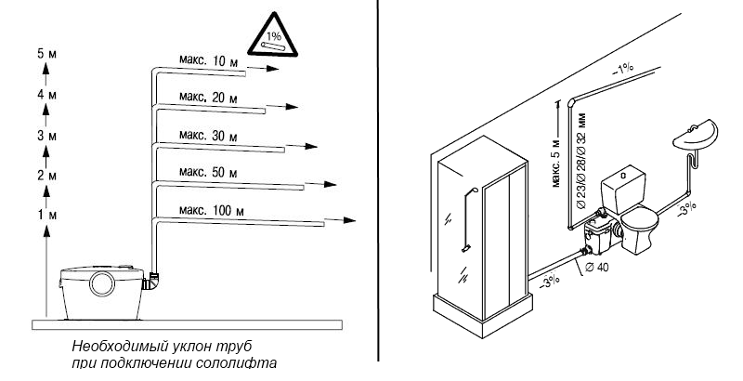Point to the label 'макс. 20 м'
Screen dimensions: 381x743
coord(206,97)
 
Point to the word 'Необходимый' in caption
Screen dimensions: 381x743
coord(110,346)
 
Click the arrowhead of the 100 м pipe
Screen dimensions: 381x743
coord(350,221)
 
